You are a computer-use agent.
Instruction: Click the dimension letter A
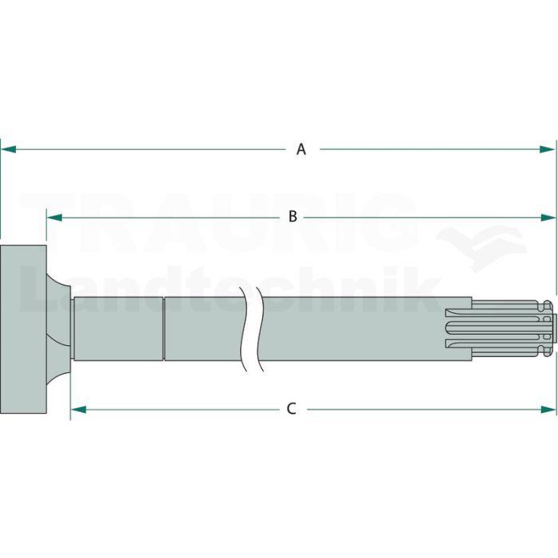301,150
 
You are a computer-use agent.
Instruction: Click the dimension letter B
293,216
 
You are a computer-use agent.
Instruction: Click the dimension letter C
292,409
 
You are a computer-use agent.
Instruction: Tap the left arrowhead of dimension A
9,150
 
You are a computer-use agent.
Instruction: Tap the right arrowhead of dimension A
547,150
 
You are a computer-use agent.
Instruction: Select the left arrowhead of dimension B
54,218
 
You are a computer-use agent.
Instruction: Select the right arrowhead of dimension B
548,218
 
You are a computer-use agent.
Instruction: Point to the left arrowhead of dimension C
79,410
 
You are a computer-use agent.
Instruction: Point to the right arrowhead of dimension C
548,410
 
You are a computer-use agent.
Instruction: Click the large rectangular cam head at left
23,329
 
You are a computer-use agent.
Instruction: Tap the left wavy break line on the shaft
244,329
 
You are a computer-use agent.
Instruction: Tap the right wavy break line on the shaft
261,329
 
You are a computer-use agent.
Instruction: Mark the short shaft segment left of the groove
118,328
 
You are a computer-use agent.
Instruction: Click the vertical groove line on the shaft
163,328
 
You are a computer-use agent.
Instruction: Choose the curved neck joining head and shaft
59,328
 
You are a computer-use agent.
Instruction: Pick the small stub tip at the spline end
555,328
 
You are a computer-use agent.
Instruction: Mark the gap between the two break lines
253,328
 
